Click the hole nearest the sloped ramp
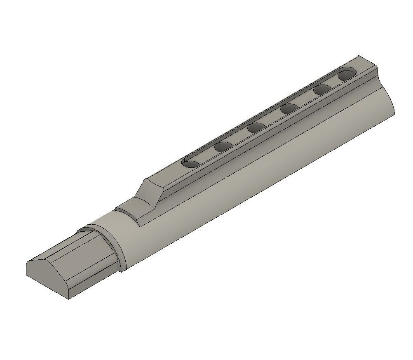click(x=190, y=164)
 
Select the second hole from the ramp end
click(x=223, y=146)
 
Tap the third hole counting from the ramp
click(x=256, y=128)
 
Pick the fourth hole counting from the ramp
click(x=290, y=108)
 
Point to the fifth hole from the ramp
click(x=322, y=89)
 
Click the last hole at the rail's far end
click(x=347, y=75)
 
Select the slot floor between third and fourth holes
click(x=273, y=119)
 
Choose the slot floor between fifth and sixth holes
click(x=335, y=83)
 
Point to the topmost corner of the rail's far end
click(x=359, y=56)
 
